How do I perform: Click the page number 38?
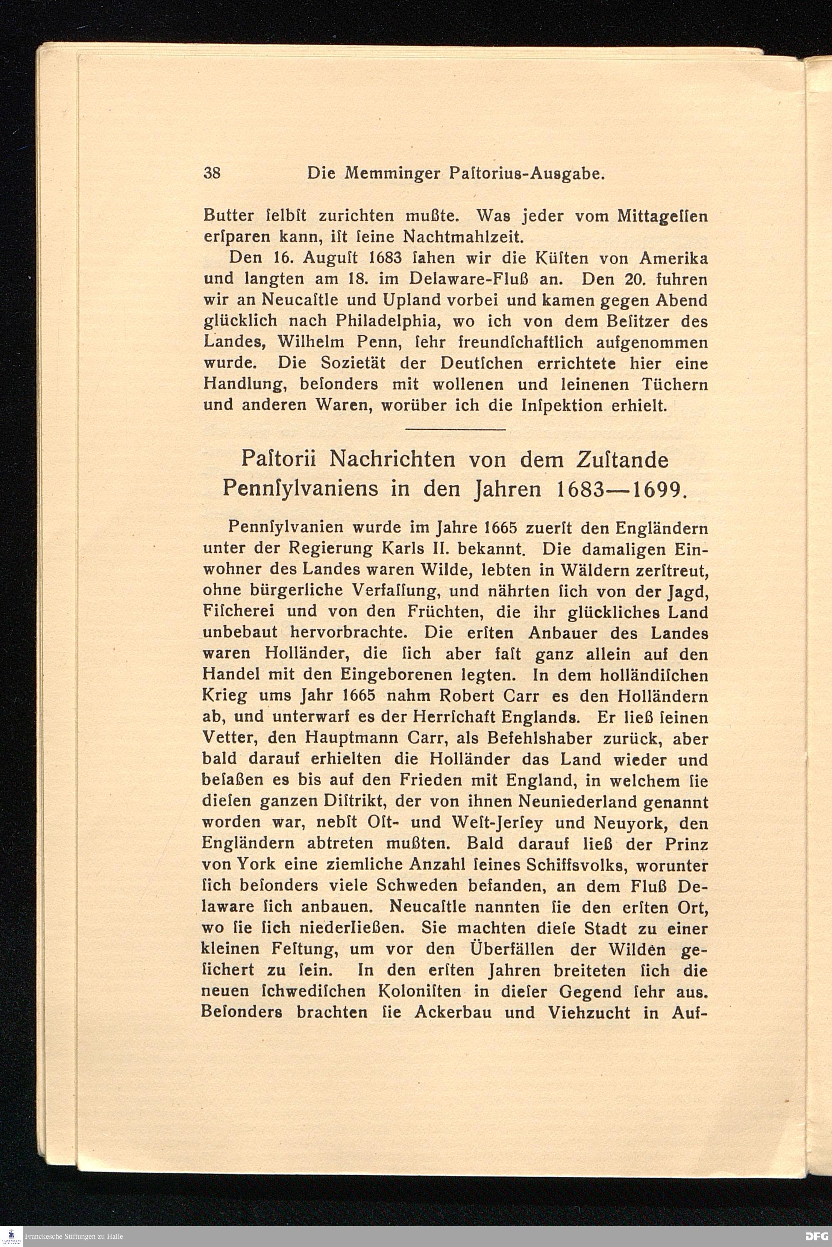(x=212, y=173)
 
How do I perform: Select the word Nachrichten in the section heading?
(x=391, y=460)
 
